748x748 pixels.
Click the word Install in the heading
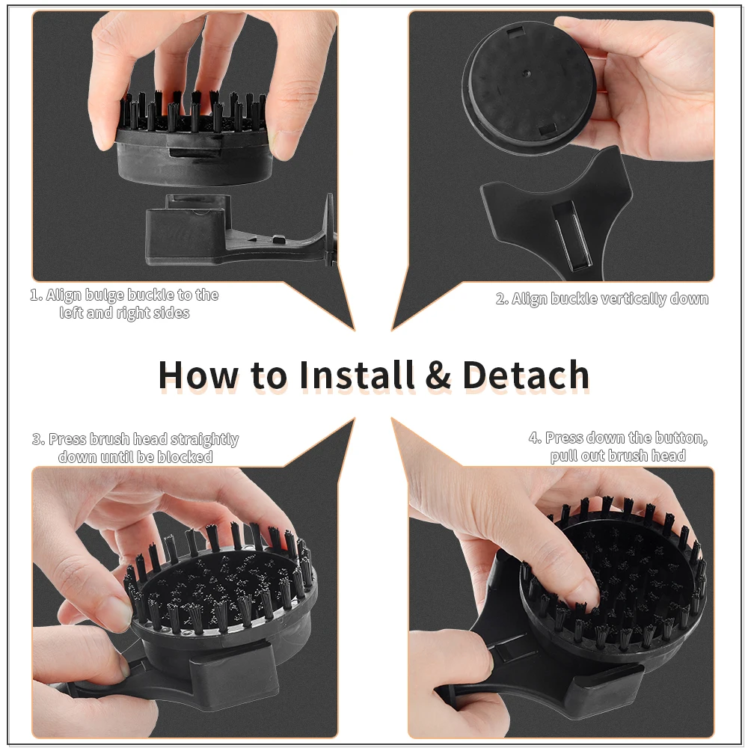click(x=357, y=375)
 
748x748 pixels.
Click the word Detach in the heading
click(x=526, y=375)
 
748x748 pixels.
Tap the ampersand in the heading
click(x=438, y=375)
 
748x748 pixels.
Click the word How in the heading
click(x=197, y=375)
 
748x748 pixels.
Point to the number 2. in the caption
click(x=502, y=299)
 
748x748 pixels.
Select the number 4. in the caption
click(x=535, y=438)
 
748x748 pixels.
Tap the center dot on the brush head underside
click(x=526, y=73)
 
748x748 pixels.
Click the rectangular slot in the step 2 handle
click(x=572, y=233)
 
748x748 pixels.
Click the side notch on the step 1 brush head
click(x=195, y=152)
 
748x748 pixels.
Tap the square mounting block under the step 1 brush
click(x=189, y=228)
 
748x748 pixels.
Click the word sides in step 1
click(x=173, y=313)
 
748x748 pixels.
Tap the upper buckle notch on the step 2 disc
click(x=515, y=32)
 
